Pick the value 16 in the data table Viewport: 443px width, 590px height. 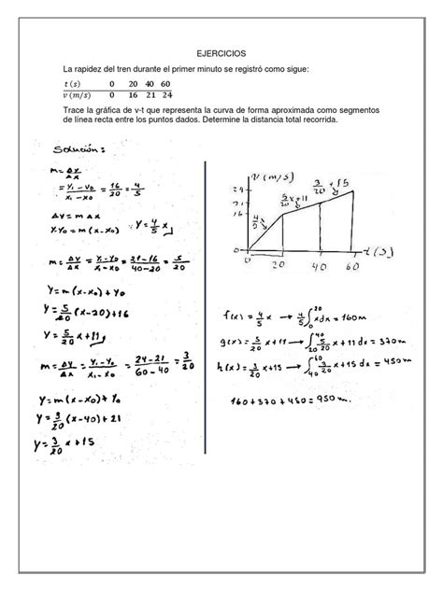[x=133, y=95]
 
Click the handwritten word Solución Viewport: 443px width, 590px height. [x=80, y=147]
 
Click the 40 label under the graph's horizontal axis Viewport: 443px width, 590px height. [x=319, y=265]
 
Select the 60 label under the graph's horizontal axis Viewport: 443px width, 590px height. [x=352, y=265]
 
